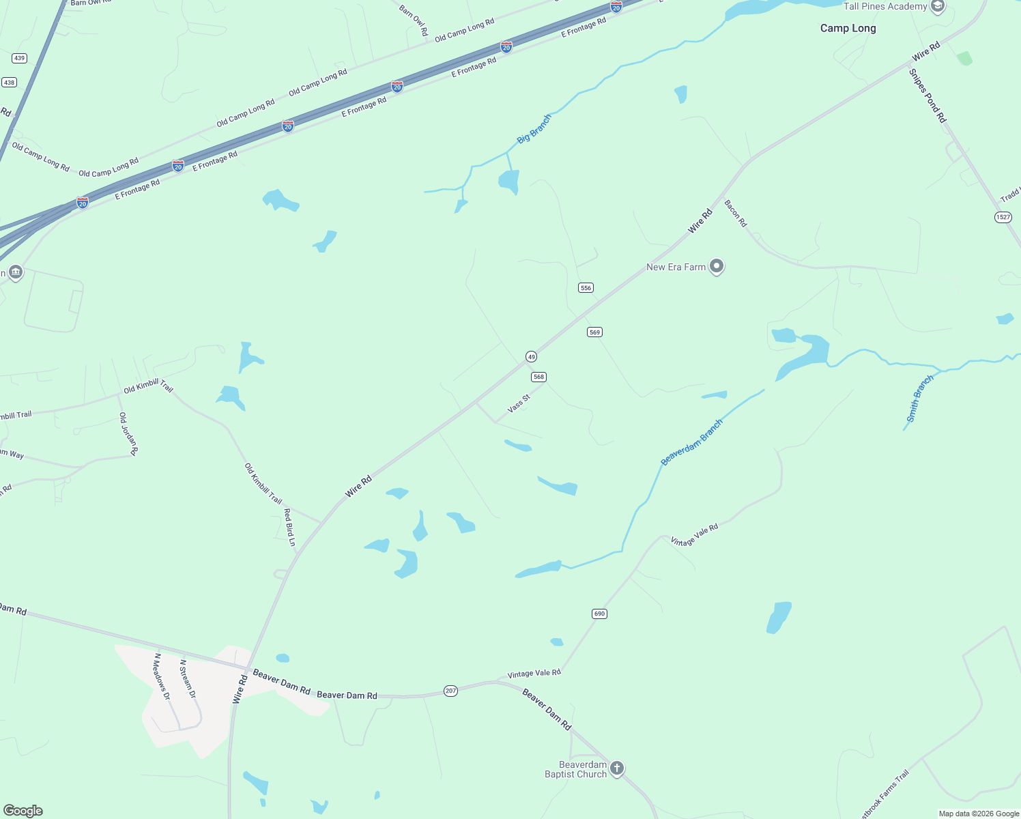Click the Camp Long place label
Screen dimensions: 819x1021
tap(848, 28)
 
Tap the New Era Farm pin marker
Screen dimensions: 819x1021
tap(716, 266)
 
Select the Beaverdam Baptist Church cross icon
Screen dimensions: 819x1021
tap(616, 768)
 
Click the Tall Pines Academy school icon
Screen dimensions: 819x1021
tap(938, 7)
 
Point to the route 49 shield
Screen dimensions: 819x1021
tap(531, 356)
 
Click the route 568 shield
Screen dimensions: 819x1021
tap(539, 377)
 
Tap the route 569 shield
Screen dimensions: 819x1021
tap(594, 332)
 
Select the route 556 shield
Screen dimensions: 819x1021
tap(586, 288)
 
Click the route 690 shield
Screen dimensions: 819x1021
tap(599, 614)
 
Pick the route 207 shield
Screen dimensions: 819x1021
tap(450, 691)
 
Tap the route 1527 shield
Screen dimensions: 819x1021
tap(1003, 217)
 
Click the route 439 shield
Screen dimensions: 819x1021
tap(19, 58)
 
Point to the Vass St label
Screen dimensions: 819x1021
tap(519, 403)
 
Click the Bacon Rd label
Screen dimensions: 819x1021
tap(736, 214)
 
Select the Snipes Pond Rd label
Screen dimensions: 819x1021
tap(928, 96)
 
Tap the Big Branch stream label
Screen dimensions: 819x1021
tap(534, 129)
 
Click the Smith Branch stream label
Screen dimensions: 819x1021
tap(919, 399)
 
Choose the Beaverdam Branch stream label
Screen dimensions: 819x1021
tap(691, 443)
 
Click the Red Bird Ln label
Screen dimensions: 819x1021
tap(289, 527)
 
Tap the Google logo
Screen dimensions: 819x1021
tap(23, 810)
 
